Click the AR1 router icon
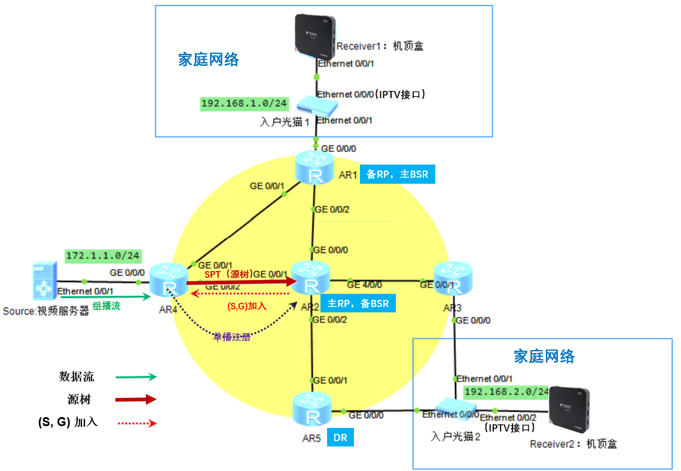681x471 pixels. [x=314, y=169]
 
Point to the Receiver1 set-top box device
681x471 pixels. [x=316, y=35]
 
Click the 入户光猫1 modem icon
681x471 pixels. [x=317, y=107]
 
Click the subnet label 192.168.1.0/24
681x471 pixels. [x=244, y=104]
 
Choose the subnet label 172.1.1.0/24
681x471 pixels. [x=103, y=256]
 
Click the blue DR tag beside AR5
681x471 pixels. [x=340, y=437]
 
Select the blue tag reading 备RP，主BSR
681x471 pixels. [x=397, y=175]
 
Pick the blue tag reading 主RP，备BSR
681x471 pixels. [x=358, y=303]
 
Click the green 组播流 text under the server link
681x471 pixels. [x=106, y=305]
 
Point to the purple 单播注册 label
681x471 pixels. [x=231, y=337]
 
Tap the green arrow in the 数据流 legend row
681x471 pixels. [x=136, y=377]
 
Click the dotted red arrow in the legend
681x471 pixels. [x=137, y=423]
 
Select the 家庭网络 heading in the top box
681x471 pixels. [x=209, y=59]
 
